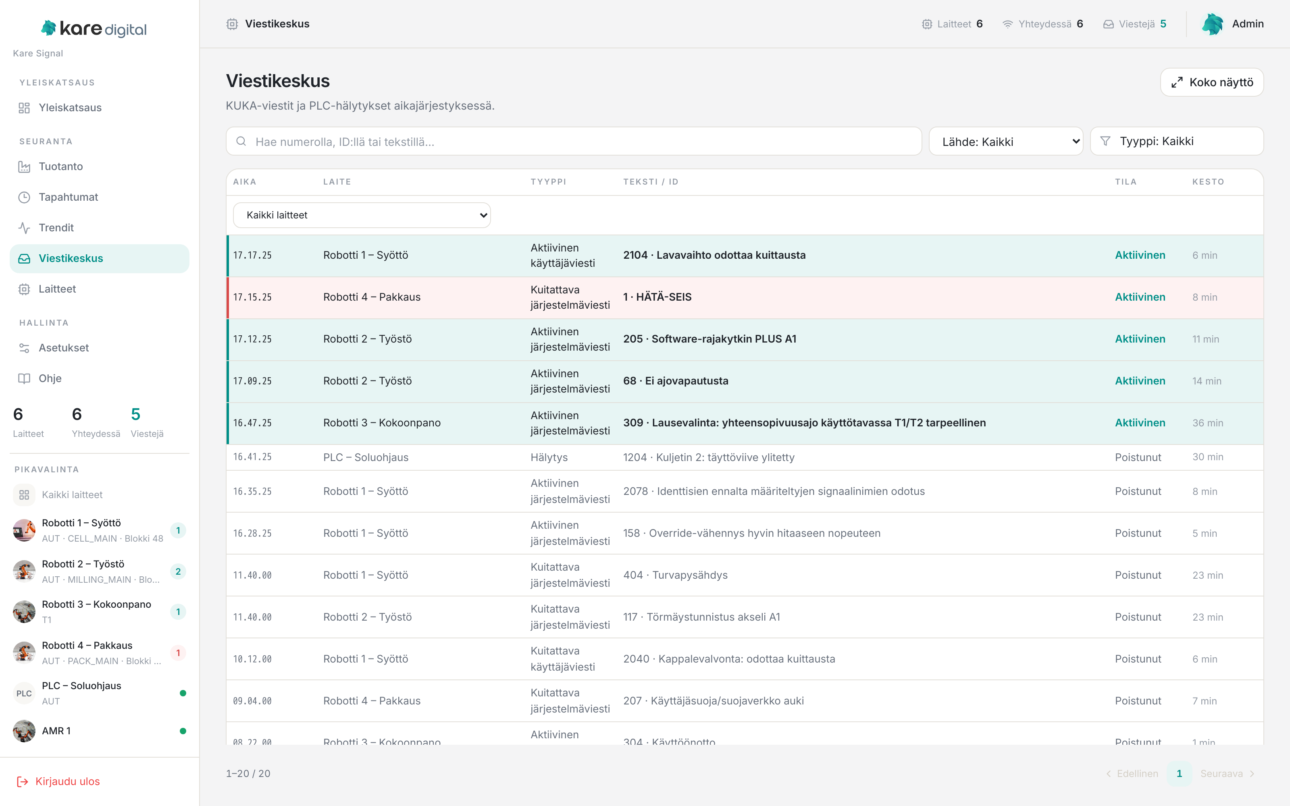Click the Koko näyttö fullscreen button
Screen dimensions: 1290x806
point(1212,82)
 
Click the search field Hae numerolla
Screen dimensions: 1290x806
point(574,141)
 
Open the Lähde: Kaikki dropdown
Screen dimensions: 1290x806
point(1006,141)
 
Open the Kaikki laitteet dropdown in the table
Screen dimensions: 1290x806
point(362,215)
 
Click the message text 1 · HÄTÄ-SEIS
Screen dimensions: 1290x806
point(657,297)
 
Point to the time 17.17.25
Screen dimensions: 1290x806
point(252,256)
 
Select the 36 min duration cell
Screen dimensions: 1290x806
point(1207,423)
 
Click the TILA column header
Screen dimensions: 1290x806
point(1126,182)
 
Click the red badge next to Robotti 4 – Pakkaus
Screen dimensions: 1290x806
point(178,653)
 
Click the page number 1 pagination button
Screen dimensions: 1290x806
point(1179,773)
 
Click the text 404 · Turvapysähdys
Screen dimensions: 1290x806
point(675,575)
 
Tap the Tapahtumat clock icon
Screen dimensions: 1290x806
point(24,197)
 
